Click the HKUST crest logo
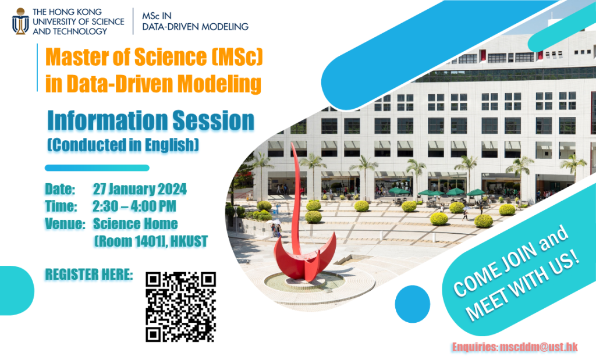point(20,21)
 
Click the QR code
point(180,306)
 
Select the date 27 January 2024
point(140,190)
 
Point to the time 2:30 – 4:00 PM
point(134,206)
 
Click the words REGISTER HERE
point(89,274)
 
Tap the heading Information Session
point(151,121)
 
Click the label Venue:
point(65,223)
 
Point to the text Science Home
point(136,223)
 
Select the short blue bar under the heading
point(97,168)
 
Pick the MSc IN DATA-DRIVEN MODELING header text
point(195,22)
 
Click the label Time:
point(61,206)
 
